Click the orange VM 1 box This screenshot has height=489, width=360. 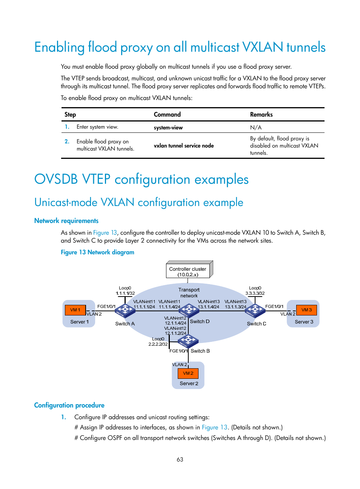point(75,310)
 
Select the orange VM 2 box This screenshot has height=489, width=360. point(188,373)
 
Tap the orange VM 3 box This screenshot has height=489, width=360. point(306,310)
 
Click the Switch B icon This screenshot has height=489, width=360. point(188,341)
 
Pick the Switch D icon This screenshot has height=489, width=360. point(189,311)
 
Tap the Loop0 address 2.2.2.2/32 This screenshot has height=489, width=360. point(158,344)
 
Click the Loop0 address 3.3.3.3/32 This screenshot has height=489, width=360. point(255,293)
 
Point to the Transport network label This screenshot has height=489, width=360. point(189,293)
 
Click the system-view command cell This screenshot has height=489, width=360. point(168,128)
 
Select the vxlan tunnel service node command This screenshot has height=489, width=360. point(184,146)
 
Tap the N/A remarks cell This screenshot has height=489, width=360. point(255,128)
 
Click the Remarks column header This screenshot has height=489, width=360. point(261,114)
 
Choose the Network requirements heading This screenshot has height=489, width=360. point(66,221)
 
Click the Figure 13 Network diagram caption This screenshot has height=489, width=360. point(97,252)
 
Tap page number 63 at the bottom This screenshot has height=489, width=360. point(180,459)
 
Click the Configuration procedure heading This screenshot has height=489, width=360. point(69,405)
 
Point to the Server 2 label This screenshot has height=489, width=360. point(189,383)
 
